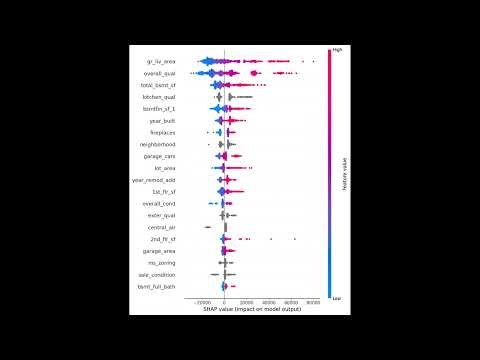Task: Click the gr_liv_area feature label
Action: click(163, 61)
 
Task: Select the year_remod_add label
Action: click(157, 180)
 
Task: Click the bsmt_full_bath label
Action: click(160, 287)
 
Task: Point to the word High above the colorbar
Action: click(337, 46)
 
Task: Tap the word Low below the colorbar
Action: click(337, 298)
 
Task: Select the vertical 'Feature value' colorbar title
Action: click(345, 171)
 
